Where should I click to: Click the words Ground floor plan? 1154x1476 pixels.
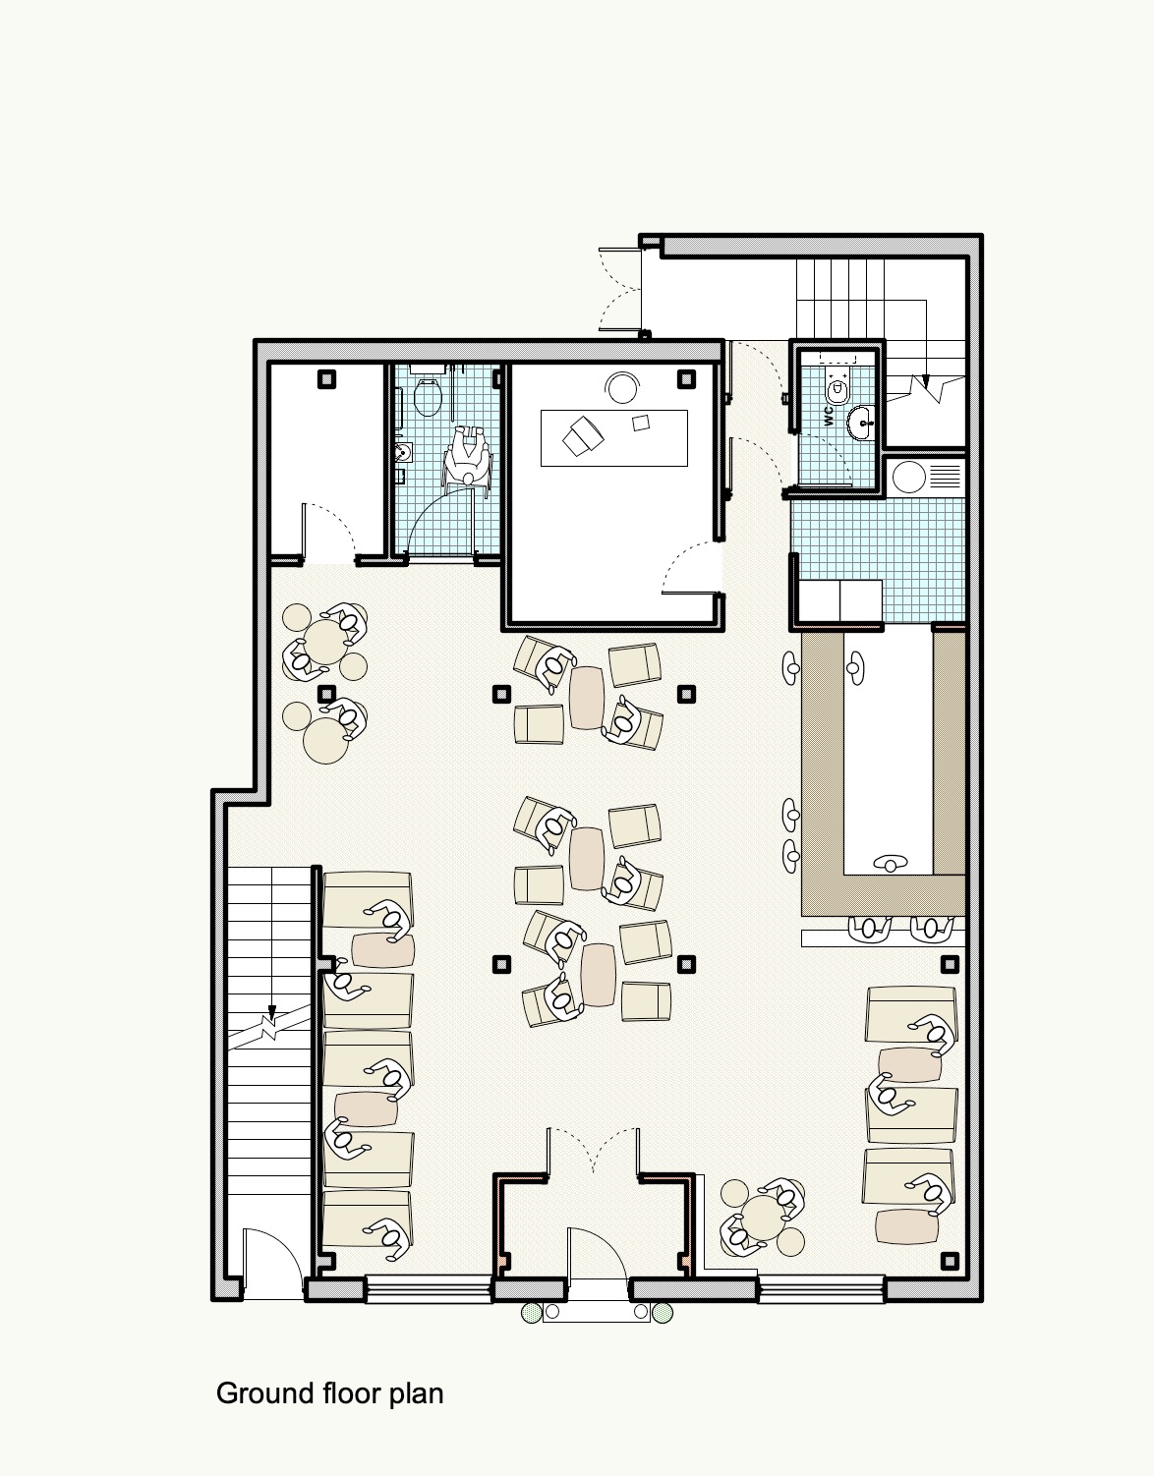[329, 1393]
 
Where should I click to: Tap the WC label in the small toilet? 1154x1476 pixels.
[828, 416]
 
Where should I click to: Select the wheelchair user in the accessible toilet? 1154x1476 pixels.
[466, 456]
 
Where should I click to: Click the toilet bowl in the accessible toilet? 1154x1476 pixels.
[428, 397]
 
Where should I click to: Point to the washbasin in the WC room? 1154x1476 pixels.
[862, 423]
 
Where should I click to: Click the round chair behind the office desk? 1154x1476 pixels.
[623, 388]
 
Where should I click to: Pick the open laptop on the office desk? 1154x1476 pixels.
[583, 435]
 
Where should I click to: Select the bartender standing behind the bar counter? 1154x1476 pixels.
[891, 864]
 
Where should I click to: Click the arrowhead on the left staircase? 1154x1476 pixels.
[272, 1009]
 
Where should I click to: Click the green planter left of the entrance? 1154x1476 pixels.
[532, 1312]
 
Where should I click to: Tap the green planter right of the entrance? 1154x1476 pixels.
[663, 1312]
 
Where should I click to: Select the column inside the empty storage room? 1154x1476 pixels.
[327, 379]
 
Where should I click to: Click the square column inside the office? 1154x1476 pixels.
[687, 379]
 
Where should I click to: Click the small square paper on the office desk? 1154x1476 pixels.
[641, 423]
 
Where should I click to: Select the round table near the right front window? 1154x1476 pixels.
[763, 1217]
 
